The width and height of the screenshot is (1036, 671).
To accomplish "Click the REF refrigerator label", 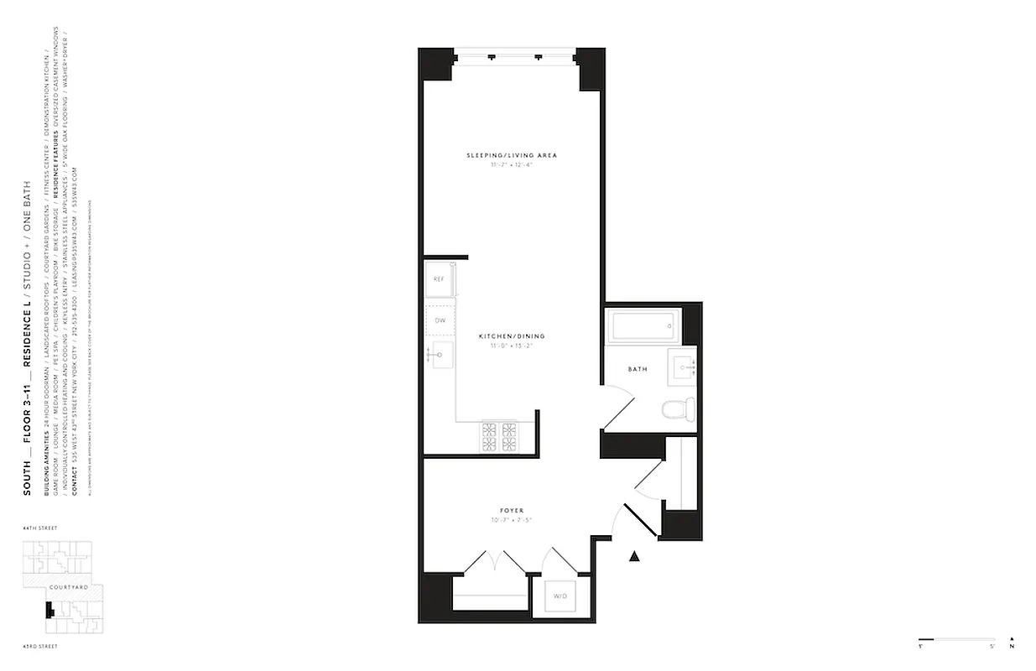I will (439, 278).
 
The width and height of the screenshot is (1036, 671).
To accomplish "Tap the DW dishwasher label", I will (439, 320).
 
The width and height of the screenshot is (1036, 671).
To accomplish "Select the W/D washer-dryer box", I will (559, 597).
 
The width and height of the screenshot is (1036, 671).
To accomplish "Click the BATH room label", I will (638, 368).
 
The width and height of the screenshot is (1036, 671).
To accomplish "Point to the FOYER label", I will (512, 510).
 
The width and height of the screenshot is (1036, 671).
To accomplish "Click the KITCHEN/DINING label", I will (507, 336).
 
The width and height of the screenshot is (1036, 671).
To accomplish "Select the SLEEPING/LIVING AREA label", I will (512, 155).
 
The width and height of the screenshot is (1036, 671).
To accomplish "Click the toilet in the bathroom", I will (678, 410).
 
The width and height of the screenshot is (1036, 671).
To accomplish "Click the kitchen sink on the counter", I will (440, 356).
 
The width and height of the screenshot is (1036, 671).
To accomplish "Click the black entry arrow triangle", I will (635, 554).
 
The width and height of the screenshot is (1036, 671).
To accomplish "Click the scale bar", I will (956, 638).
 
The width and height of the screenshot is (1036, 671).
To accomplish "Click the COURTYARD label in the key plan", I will (69, 587).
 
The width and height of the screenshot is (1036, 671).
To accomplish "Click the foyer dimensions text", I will (512, 520).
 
